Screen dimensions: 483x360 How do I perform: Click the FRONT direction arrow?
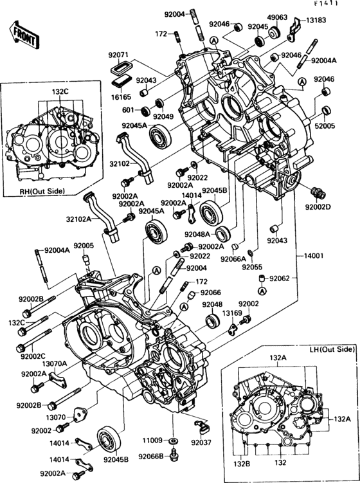pyautogui.click(x=21, y=33)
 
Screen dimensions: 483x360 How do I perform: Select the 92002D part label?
pyautogui.click(x=317, y=207)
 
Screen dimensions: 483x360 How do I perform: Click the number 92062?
pyautogui.click(x=280, y=279)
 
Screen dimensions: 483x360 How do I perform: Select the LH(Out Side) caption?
pyautogui.click(x=330, y=349)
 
